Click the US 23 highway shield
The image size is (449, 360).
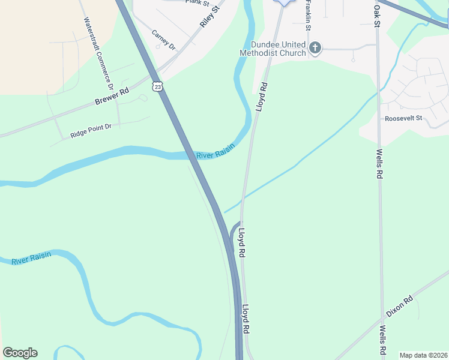coord(157,86)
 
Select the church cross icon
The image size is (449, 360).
coord(315,47)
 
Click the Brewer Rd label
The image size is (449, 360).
coord(112,97)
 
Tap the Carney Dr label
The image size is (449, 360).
coord(163,40)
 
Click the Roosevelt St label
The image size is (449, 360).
coord(404,119)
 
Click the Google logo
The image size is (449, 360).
coord(20,353)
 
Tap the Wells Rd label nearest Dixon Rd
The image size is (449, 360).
coord(382,340)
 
